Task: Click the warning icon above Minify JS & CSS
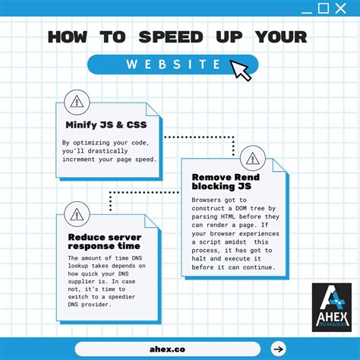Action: pos(77,101)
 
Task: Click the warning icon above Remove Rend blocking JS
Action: pos(251,159)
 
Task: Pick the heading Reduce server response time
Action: pos(103,242)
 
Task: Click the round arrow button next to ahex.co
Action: pos(278,349)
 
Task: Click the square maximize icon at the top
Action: pos(323,8)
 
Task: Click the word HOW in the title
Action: pos(72,37)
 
